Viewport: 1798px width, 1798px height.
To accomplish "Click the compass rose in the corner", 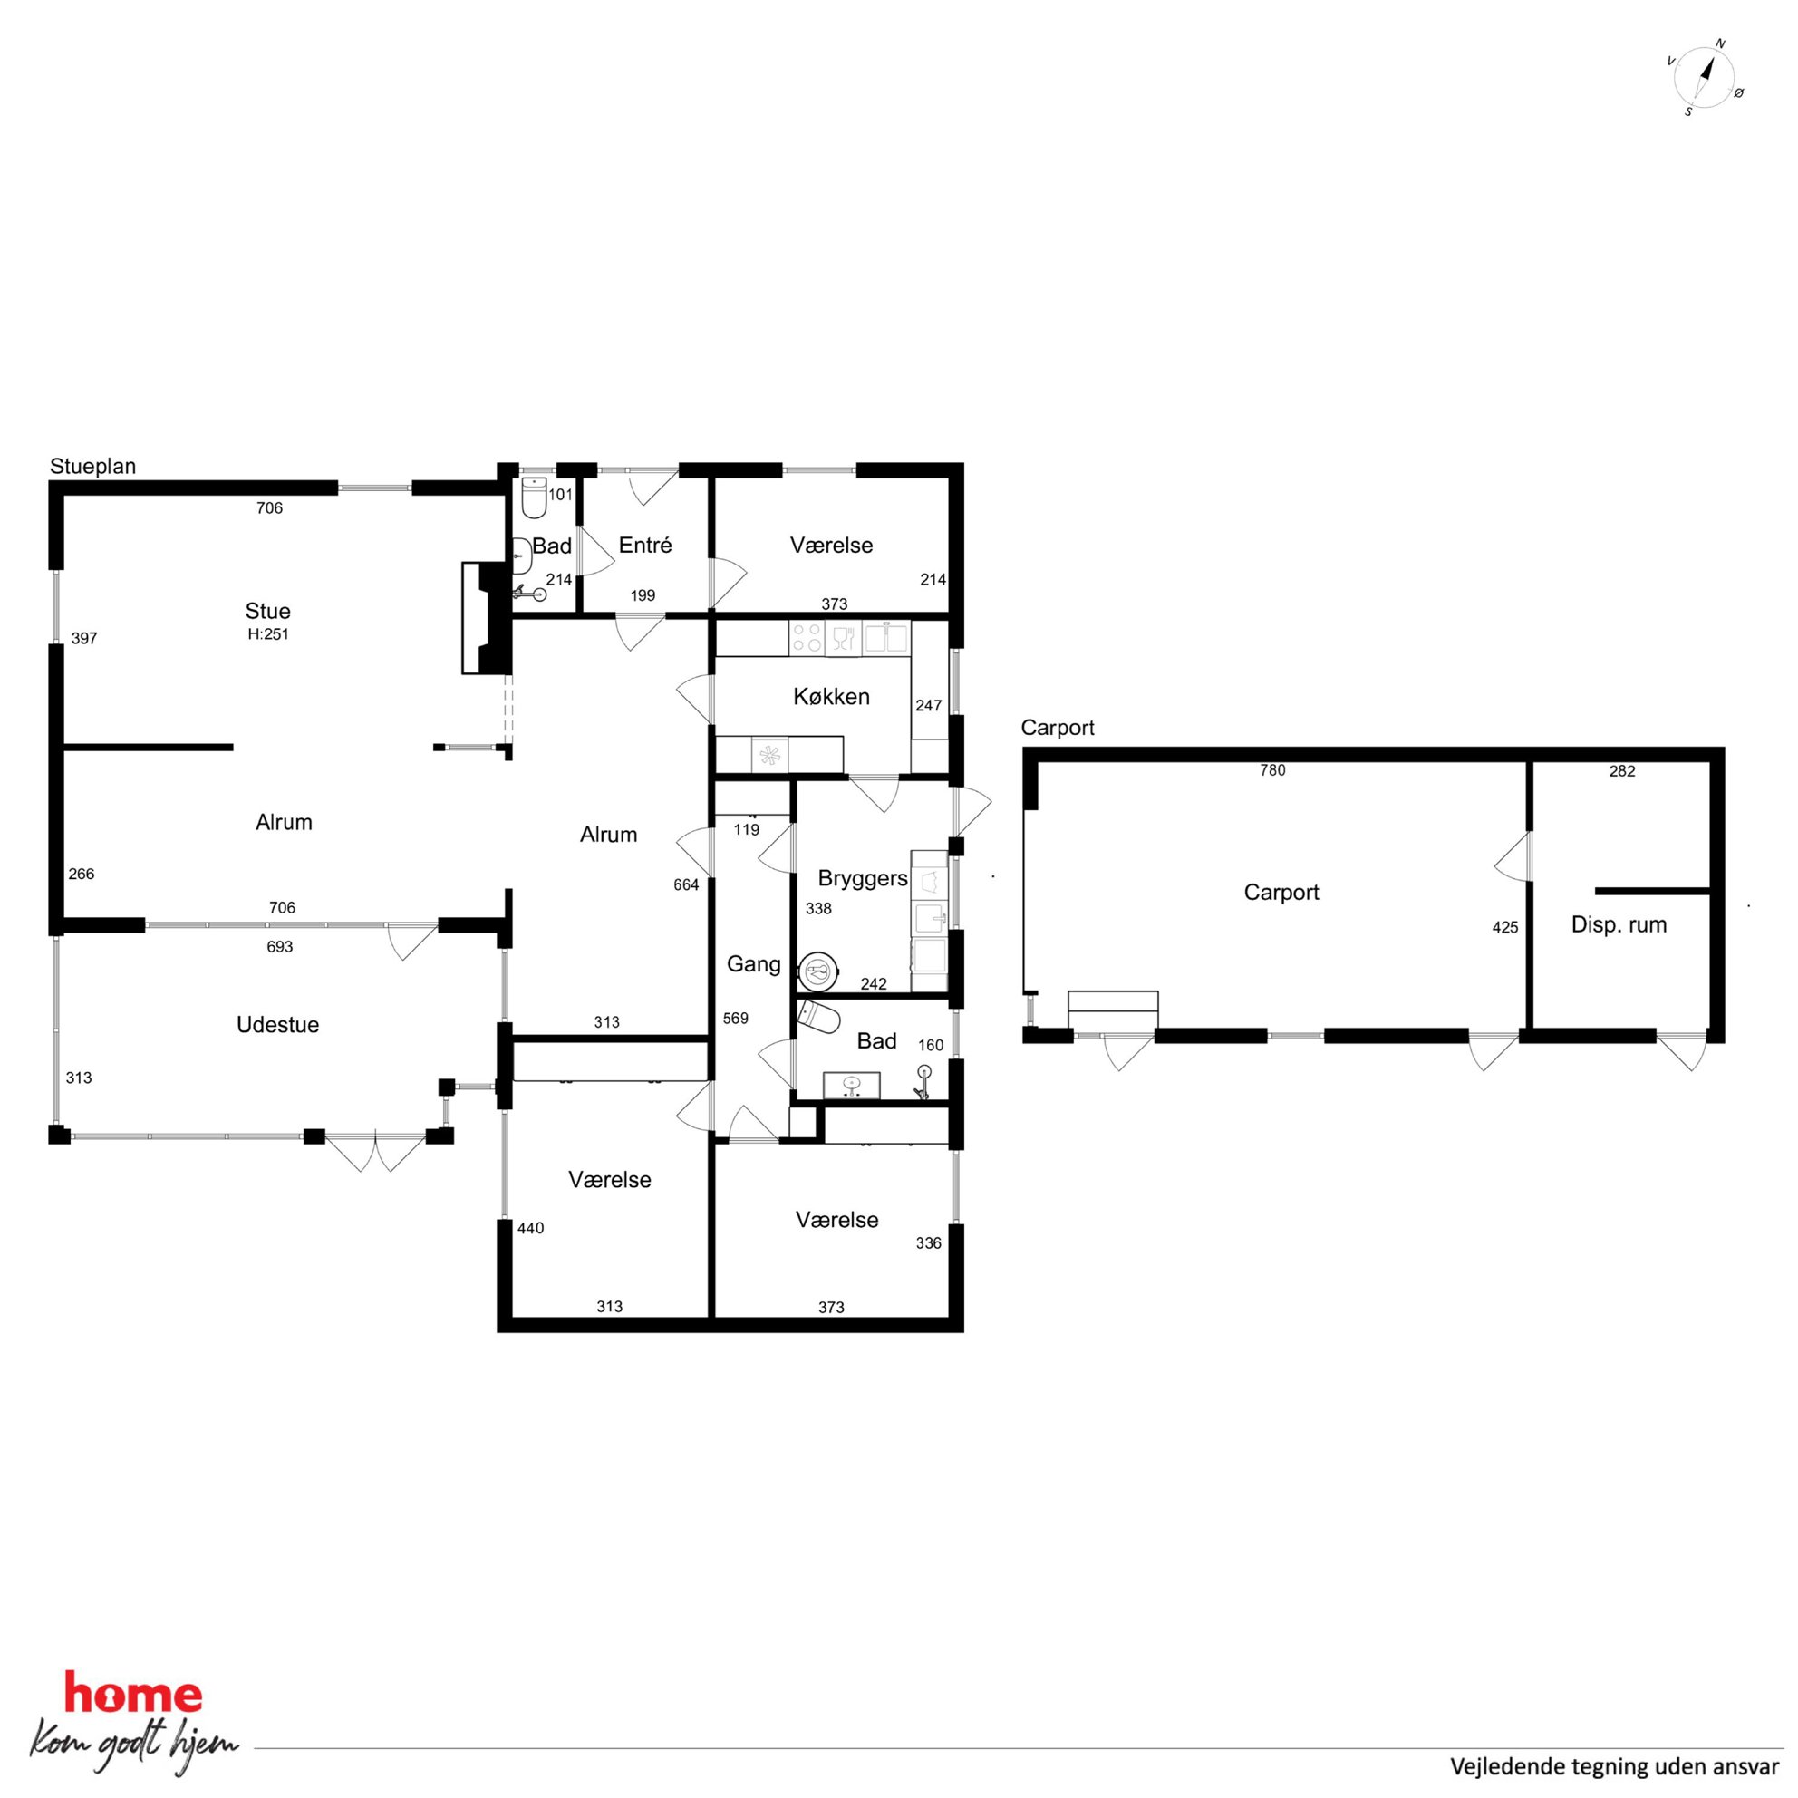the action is (1705, 78).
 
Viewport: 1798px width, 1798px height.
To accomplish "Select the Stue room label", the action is (268, 612).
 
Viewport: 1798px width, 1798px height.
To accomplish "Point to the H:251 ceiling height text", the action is (268, 634).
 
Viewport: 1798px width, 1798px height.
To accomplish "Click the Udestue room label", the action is (277, 1025).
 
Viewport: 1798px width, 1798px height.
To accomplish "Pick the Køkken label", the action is (831, 696).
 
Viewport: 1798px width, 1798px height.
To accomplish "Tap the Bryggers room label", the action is (863, 878).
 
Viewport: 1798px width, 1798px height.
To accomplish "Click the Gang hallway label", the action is (754, 964).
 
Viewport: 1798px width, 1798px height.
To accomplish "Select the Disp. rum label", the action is (1619, 925).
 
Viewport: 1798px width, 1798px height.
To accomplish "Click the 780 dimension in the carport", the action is (1272, 770).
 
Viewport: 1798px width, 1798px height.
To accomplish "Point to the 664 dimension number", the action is (686, 885).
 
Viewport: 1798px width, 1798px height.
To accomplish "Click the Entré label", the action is (645, 546).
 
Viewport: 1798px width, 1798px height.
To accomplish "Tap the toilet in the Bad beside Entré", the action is (534, 498).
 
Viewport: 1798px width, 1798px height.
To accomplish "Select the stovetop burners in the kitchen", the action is (806, 637).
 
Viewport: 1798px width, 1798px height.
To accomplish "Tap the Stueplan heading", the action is (93, 466).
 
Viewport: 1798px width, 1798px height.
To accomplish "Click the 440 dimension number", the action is (530, 1229).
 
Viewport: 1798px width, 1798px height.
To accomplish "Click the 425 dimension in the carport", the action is (1505, 928).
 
